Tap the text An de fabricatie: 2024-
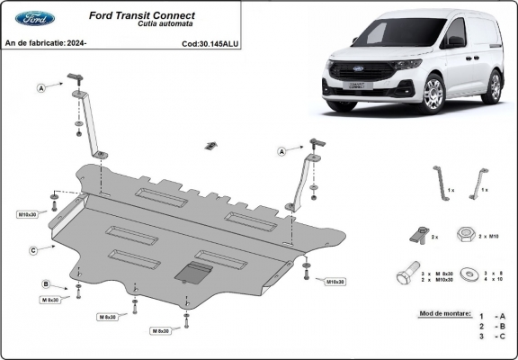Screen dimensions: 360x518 point(45,42)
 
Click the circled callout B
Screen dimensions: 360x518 point(45,284)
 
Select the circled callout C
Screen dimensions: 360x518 point(33,249)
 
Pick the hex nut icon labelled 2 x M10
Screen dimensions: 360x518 point(466,235)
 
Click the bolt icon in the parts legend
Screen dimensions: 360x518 point(407,276)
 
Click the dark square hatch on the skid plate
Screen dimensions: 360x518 point(193,274)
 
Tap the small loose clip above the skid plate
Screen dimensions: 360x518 point(211,146)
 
